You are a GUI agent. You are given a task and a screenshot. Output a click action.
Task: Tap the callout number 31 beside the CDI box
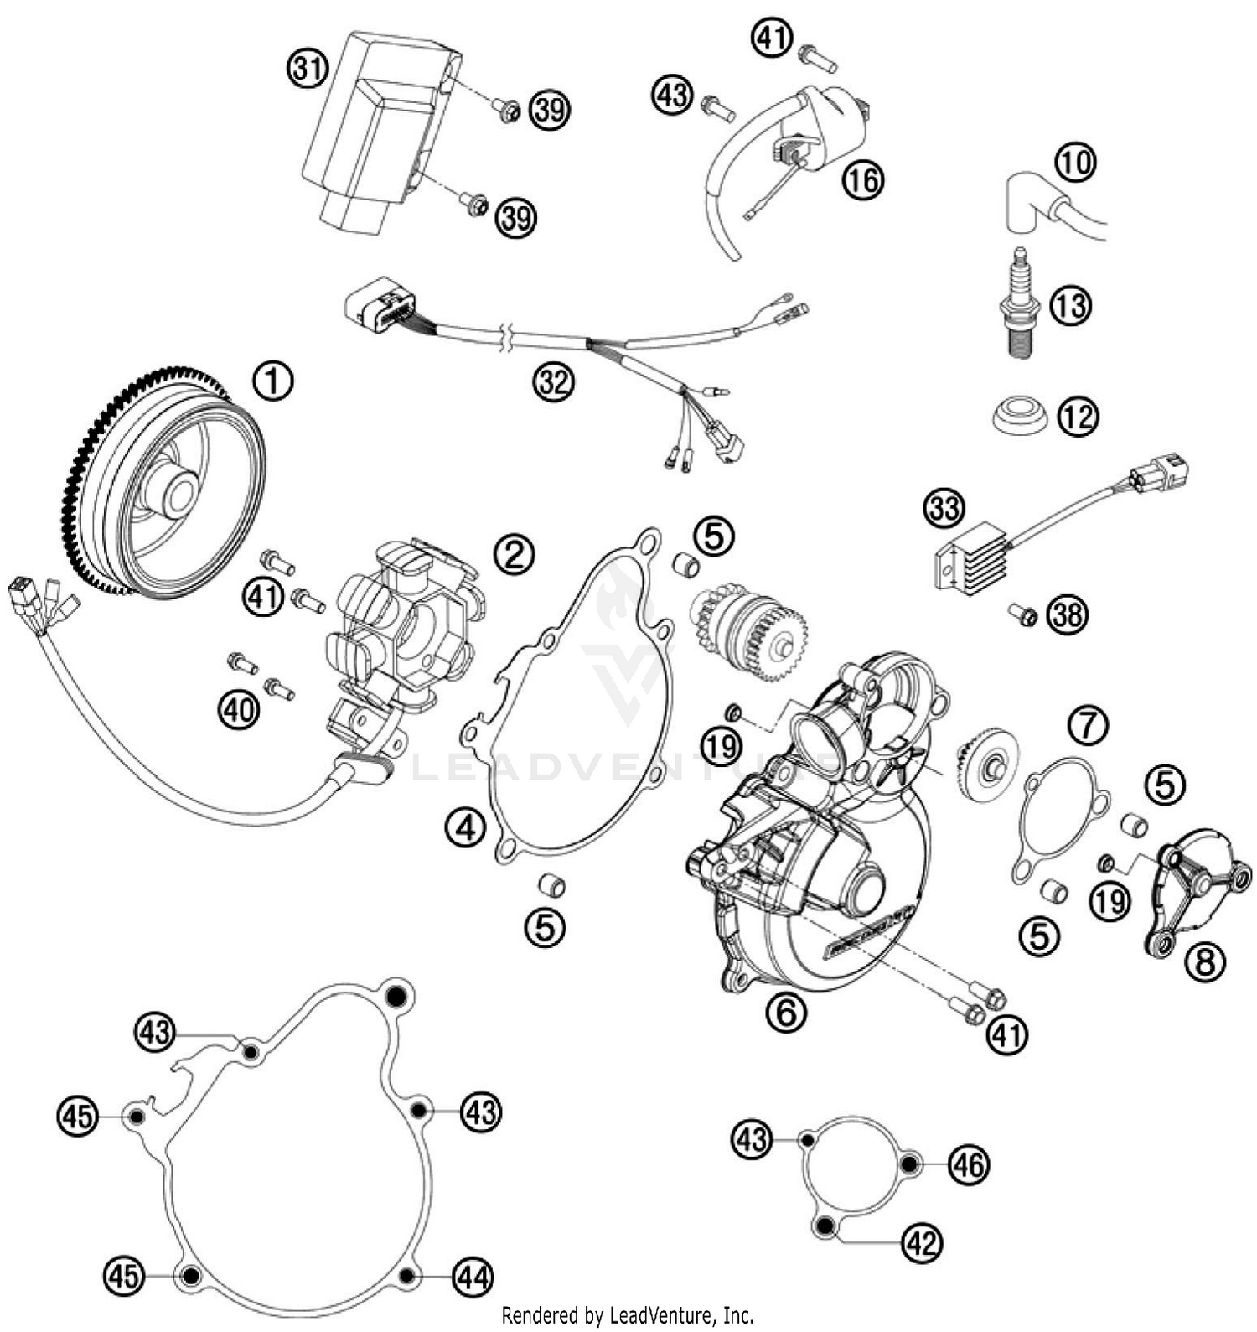pos(308,68)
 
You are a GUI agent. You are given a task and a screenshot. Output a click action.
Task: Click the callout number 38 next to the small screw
pos(1068,616)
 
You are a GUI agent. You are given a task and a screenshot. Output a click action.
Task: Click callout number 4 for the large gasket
pos(465,828)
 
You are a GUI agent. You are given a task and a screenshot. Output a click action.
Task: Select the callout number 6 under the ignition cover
pos(785,1013)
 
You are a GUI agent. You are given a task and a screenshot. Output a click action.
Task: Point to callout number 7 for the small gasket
pos(1088,726)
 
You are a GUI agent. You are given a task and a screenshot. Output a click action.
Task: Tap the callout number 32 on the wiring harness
pos(553,382)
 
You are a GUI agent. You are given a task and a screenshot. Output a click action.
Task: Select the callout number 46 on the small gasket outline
pos(969,1164)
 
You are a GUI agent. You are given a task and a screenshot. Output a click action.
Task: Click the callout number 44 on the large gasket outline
pos(473,1277)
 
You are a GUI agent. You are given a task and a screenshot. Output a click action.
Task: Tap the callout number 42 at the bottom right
pos(922,1242)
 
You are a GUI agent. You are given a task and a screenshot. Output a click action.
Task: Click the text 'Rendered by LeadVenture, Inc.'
pos(628,1314)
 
